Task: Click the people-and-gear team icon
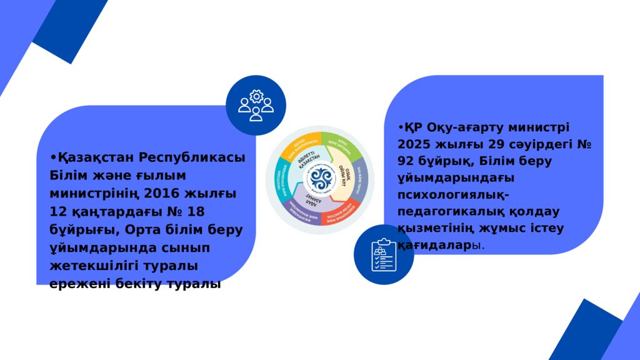[x=256, y=105]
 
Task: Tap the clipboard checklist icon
[x=383, y=254]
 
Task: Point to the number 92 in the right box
[x=405, y=161]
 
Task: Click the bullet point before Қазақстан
[x=54, y=157]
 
